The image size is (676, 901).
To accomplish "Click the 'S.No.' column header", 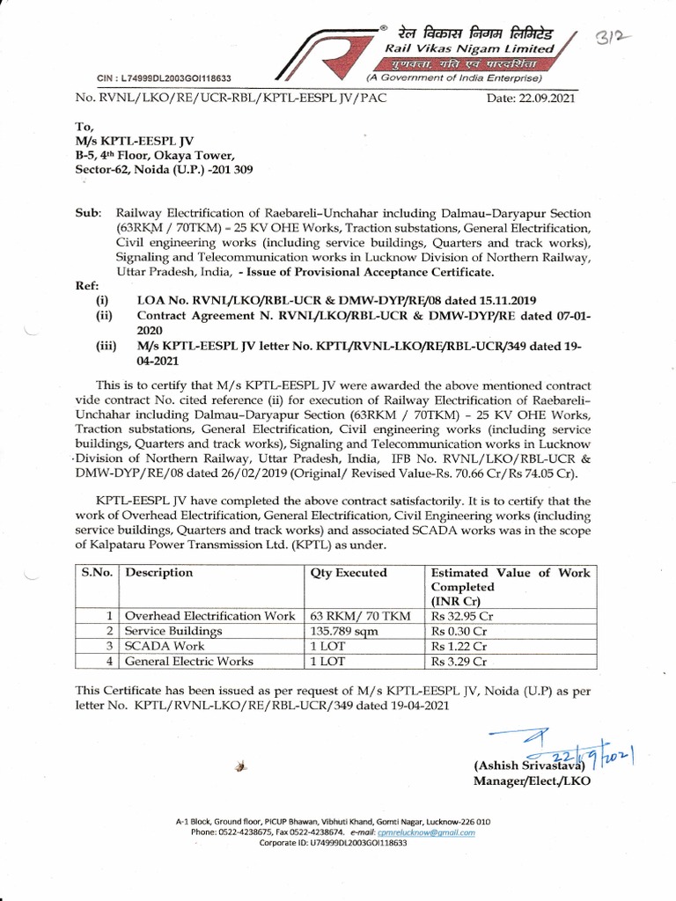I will (x=99, y=573).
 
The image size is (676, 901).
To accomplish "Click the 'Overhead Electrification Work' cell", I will (x=209, y=616).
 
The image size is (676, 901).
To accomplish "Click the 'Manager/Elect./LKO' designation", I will (x=532, y=781).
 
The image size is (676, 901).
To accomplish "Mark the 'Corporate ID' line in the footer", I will (x=333, y=842).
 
